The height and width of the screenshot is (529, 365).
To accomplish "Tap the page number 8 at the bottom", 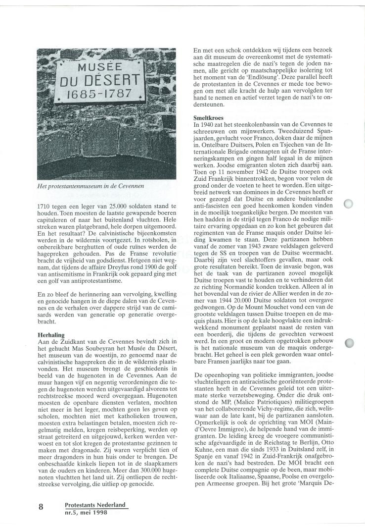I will point(42,507).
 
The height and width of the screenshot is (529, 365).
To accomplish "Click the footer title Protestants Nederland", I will point(95,505).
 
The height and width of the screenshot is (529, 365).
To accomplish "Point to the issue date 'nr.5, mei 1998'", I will point(86,512).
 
